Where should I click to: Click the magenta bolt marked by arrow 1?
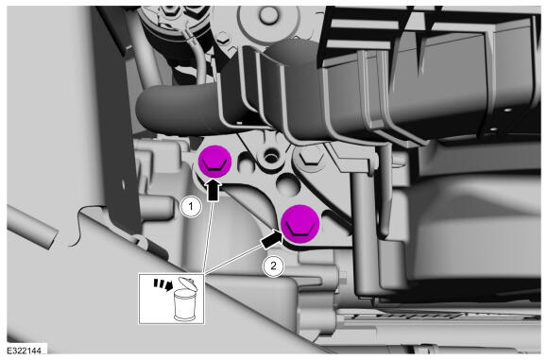click(x=214, y=162)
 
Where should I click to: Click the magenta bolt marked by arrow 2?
click(x=300, y=224)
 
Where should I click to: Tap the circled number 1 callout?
click(x=191, y=207)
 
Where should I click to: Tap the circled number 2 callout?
click(x=273, y=266)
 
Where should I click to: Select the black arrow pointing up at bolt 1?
click(x=214, y=191)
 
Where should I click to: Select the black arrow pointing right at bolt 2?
click(x=271, y=239)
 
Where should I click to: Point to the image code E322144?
click(x=25, y=351)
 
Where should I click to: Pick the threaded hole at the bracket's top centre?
click(x=270, y=157)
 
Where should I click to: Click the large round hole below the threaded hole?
click(x=288, y=184)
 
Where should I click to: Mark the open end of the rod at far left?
click(x=51, y=238)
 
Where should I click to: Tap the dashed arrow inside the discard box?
click(x=163, y=284)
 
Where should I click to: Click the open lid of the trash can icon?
click(x=188, y=283)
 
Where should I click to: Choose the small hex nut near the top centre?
click(x=222, y=37)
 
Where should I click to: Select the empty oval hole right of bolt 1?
click(x=244, y=163)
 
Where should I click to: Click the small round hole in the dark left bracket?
click(x=123, y=183)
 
